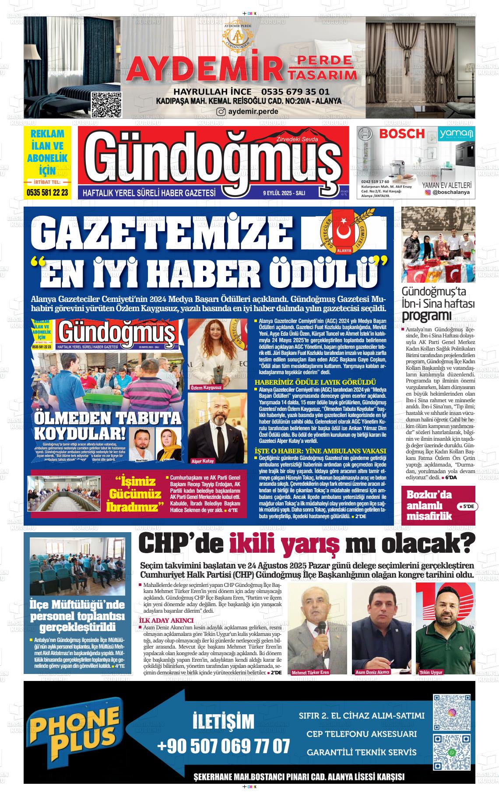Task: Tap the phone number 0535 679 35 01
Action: click(x=295, y=92)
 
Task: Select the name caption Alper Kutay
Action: click(x=203, y=461)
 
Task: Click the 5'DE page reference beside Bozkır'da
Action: click(x=467, y=506)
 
